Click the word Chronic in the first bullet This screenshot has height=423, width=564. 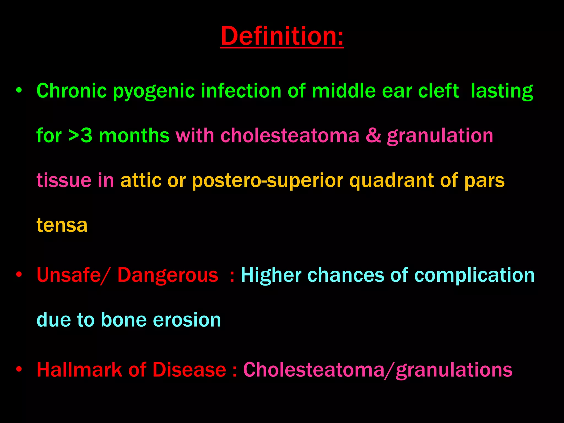[x=71, y=91]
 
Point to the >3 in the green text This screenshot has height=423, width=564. [x=80, y=136]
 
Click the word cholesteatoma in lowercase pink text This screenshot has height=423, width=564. [x=290, y=136]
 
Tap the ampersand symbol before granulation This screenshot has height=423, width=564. [x=373, y=136]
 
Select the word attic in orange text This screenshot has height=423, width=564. [x=141, y=180]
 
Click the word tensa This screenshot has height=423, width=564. [x=62, y=225]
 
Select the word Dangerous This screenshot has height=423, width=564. [x=168, y=276]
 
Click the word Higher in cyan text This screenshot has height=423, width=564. [x=271, y=276]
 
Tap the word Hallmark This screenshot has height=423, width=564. [x=79, y=370]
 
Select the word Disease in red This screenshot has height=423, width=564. [x=189, y=370]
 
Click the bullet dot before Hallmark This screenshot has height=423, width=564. [x=19, y=369]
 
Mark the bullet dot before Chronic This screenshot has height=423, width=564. [x=19, y=90]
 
